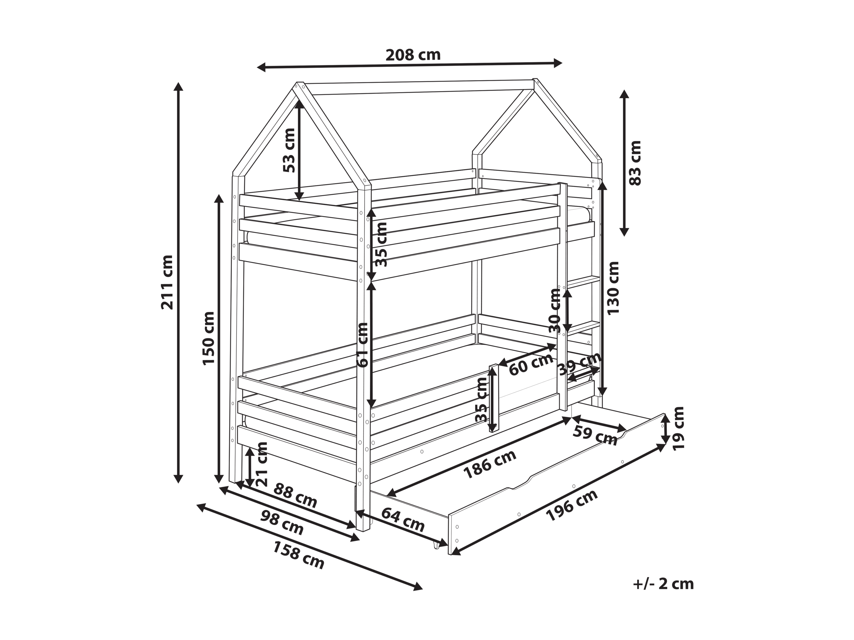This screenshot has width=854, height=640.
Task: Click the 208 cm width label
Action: point(413,55)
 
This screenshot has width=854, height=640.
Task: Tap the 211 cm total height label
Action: point(167,282)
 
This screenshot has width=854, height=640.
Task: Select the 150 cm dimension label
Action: point(209,338)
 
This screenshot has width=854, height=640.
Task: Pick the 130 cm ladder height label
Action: point(613,288)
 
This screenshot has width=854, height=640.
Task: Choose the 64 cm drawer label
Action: point(403,520)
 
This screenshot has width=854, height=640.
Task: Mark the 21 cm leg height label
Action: point(261,464)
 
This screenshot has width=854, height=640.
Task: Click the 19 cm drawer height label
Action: point(678,428)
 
